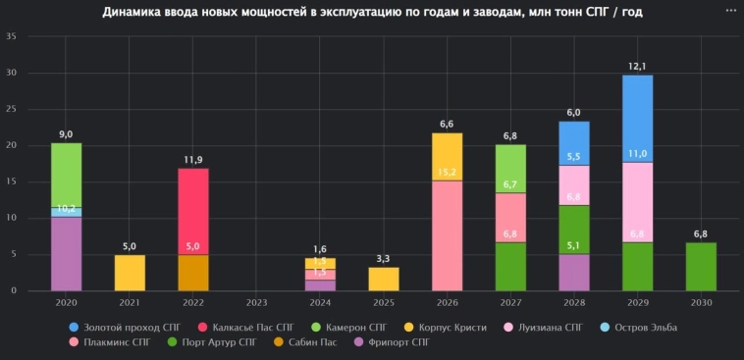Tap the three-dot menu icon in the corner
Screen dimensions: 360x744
(x=730, y=10)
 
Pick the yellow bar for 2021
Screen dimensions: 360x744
(x=130, y=273)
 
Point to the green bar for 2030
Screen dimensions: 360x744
(x=701, y=266)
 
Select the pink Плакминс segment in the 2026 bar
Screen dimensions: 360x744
(x=447, y=235)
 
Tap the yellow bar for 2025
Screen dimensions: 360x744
(x=383, y=279)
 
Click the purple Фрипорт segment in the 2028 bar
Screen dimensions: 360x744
(x=573, y=272)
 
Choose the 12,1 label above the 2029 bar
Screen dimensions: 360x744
(x=637, y=66)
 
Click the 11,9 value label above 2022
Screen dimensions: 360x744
(x=192, y=159)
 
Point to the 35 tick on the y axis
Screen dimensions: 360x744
(x=11, y=37)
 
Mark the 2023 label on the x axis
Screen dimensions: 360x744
(x=256, y=303)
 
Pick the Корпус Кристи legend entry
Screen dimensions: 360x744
(x=448, y=326)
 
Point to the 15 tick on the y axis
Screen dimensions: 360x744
(x=11, y=181)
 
